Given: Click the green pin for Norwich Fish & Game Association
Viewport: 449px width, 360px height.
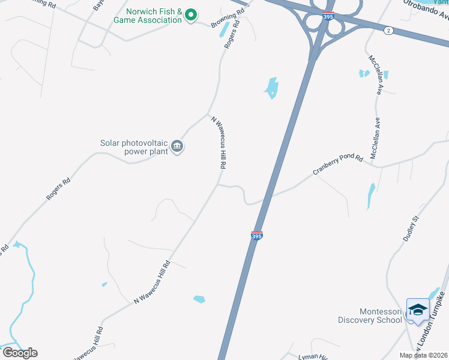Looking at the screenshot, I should [191, 14].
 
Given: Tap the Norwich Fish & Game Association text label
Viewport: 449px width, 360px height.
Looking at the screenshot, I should [154, 16].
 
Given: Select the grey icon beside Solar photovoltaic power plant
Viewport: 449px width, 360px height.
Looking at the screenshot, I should [177, 146].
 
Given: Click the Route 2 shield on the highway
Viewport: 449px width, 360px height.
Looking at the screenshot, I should [389, 31].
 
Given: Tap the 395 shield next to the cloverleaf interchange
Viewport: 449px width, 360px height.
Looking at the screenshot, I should [328, 17].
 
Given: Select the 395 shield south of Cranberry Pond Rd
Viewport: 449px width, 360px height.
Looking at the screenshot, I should [256, 236].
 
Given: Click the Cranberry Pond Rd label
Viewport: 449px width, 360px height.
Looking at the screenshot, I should [338, 165].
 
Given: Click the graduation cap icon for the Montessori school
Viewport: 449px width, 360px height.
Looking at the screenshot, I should [418, 310].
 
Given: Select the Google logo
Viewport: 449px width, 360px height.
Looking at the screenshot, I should [20, 353].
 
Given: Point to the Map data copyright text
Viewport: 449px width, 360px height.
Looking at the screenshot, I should [424, 355].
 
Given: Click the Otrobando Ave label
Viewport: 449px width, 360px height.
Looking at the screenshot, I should [425, 7].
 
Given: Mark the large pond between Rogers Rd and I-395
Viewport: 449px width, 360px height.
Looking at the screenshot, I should [271, 88].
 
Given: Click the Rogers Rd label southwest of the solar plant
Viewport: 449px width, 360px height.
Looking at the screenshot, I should [58, 189].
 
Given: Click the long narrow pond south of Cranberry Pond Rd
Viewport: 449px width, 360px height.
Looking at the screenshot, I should [371, 196].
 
